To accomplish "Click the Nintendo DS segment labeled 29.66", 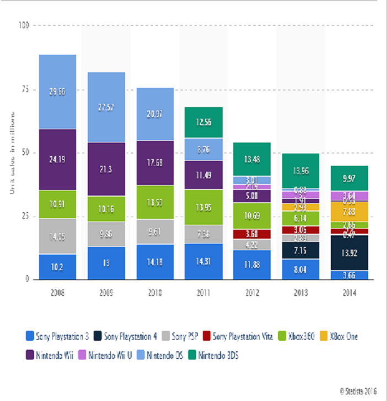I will click(x=57, y=92).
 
